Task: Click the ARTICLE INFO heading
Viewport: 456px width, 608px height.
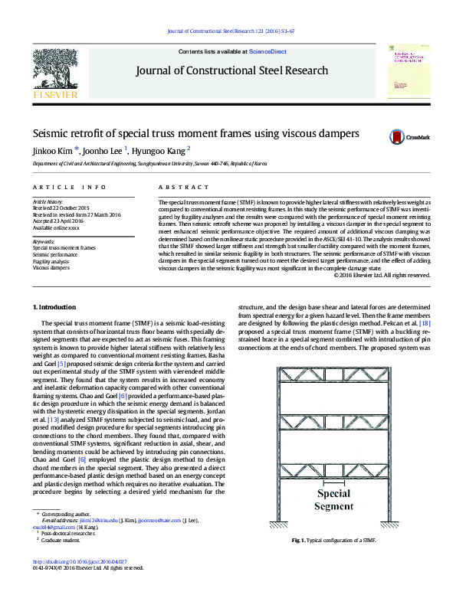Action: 70,187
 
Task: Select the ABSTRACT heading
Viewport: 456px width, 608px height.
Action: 183,187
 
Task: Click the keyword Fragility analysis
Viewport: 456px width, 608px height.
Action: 50,262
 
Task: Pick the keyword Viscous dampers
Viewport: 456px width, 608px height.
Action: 48,269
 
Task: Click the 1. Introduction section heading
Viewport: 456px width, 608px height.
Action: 55,329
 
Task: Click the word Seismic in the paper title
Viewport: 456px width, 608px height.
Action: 51,132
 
